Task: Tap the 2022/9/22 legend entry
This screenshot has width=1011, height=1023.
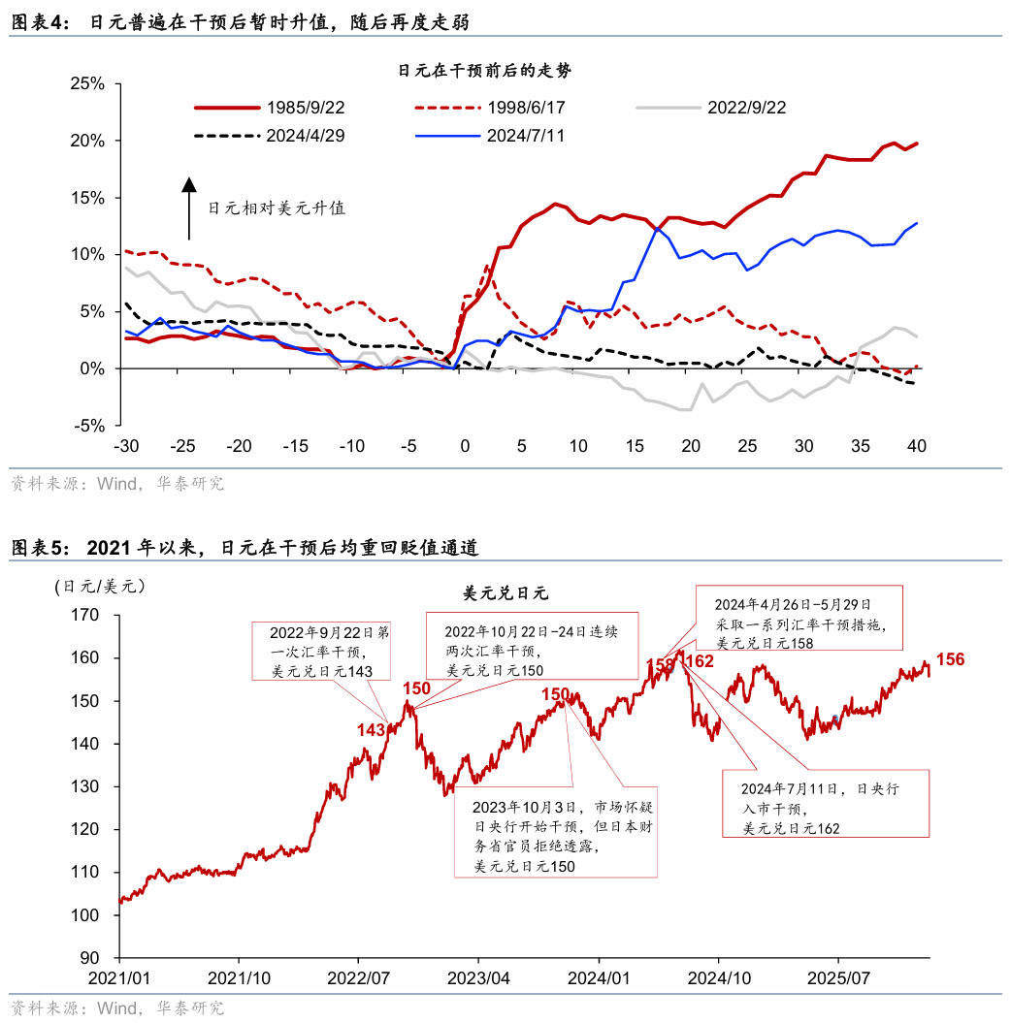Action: coord(746,108)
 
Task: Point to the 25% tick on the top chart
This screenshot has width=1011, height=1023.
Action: coord(87,83)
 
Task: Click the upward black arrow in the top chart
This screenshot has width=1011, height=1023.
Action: coord(189,208)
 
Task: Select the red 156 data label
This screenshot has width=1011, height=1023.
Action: coord(950,659)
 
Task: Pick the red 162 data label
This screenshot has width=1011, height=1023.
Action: coord(700,661)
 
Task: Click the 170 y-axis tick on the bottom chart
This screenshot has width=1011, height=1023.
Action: coord(86,615)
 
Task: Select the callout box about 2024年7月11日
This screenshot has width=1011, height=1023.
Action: coord(825,804)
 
